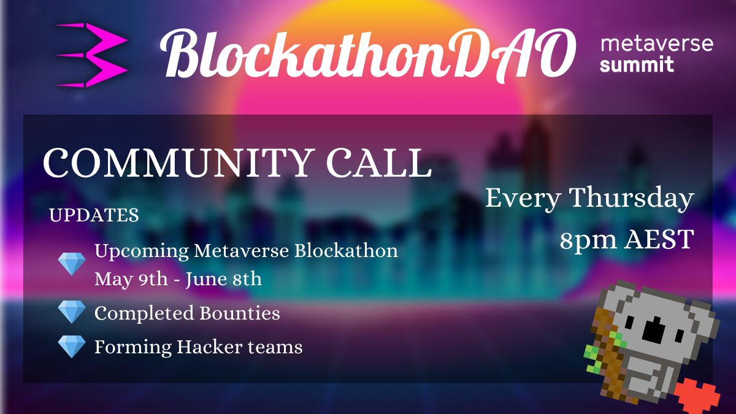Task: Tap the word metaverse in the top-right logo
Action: tap(656, 44)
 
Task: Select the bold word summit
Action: tap(637, 64)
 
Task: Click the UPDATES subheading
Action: tap(93, 216)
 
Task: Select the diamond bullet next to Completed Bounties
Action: tap(72, 313)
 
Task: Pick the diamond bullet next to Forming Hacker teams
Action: tap(72, 347)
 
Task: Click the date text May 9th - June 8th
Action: tap(178, 279)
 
